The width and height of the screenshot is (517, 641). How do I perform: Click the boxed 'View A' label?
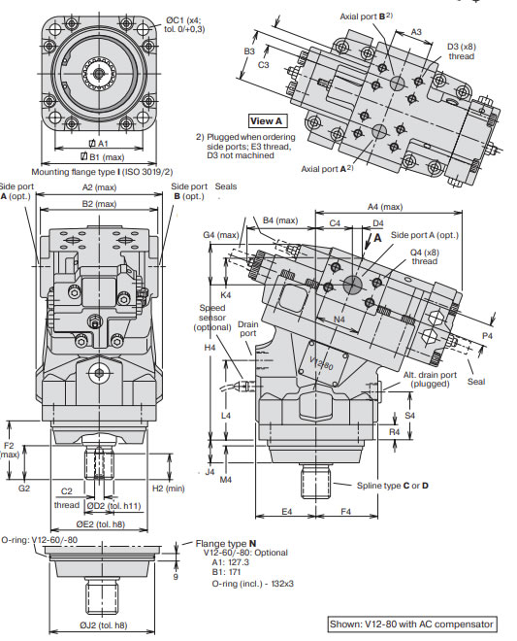click(266, 121)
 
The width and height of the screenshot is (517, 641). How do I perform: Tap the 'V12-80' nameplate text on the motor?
click(321, 363)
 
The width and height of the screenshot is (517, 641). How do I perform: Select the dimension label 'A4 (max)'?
click(385, 207)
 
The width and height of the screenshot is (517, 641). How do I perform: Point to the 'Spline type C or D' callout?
click(393, 486)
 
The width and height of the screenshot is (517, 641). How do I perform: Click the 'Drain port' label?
click(248, 328)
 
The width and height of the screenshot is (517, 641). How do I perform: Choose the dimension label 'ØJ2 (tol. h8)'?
click(104, 625)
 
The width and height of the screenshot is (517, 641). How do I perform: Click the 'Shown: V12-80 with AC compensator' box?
click(412, 624)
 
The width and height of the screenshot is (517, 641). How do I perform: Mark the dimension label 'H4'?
click(210, 348)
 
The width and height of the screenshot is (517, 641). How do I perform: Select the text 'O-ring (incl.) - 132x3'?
click(252, 584)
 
